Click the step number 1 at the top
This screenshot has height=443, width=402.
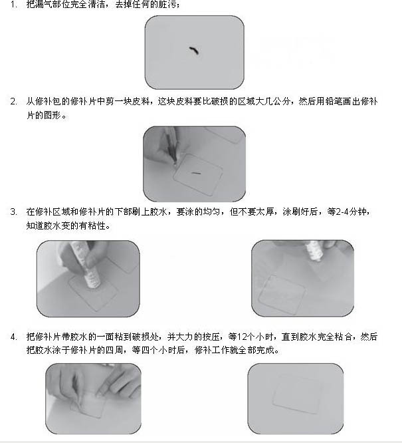(x=13, y=5)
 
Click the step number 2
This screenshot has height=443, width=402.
(x=13, y=101)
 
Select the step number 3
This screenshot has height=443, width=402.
(x=13, y=212)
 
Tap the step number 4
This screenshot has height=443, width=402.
(x=13, y=337)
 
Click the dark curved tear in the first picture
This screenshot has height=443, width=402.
(x=194, y=51)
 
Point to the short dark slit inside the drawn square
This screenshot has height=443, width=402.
(x=196, y=173)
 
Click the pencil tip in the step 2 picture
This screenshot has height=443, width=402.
(x=175, y=164)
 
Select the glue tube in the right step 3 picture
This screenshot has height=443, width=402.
(x=314, y=251)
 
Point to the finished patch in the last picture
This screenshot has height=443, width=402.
(x=297, y=394)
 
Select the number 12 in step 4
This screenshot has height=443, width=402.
(x=242, y=337)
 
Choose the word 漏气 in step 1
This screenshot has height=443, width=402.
(x=43, y=5)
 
